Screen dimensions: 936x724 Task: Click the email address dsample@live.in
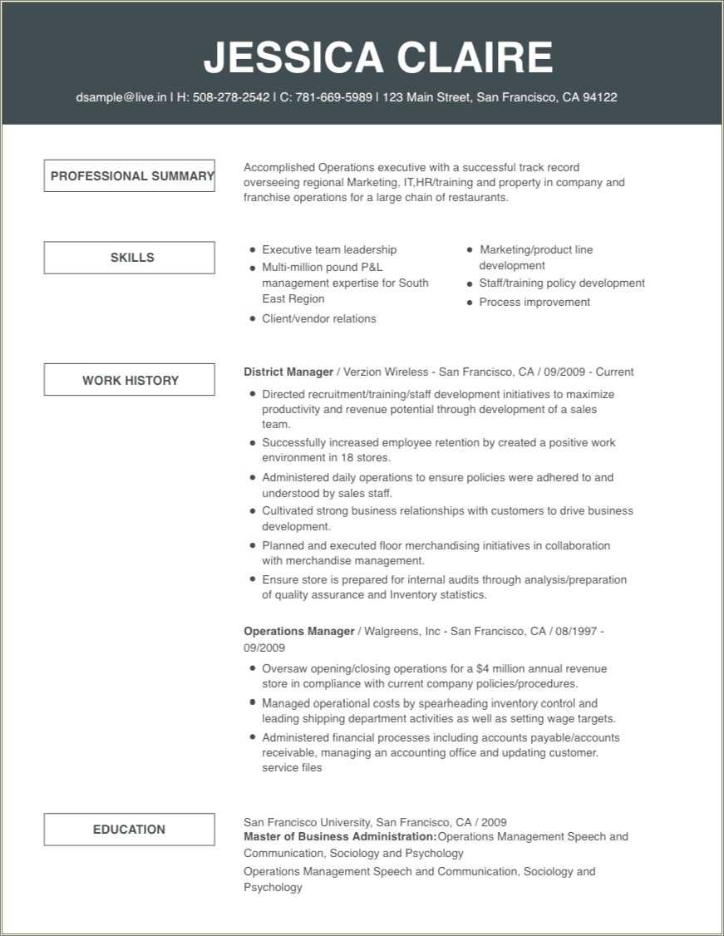121,97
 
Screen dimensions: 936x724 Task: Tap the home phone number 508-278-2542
231,97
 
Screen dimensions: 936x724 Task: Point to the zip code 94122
599,97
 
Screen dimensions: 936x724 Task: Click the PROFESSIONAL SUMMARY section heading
130,176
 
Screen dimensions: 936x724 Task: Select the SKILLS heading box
130,258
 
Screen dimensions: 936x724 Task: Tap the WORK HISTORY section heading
130,381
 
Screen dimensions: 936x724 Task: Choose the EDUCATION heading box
130,830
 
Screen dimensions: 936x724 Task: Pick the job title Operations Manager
299,632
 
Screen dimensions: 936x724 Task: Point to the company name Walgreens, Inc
401,632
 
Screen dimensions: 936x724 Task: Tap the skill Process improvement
534,303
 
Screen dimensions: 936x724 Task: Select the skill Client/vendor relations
318,319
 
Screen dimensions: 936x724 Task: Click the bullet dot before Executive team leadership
253,250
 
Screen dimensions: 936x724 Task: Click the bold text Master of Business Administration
340,837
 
